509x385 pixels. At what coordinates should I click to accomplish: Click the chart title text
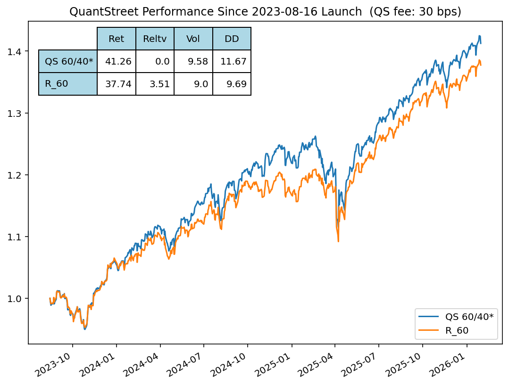pyautogui.click(x=265, y=12)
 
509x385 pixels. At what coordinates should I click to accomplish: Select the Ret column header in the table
pyautogui.click(x=117, y=39)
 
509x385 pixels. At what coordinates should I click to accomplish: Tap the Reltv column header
pyautogui.click(x=155, y=39)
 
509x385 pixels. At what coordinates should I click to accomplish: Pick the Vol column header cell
pyautogui.click(x=193, y=39)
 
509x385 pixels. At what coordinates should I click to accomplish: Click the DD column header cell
pyautogui.click(x=232, y=39)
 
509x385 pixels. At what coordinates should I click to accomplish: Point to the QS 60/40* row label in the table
pyautogui.click(x=68, y=61)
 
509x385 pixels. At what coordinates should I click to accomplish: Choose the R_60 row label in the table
pyautogui.click(x=68, y=84)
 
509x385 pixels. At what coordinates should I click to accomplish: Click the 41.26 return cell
pyautogui.click(x=117, y=61)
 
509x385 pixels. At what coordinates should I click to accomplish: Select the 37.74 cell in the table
pyautogui.click(x=117, y=84)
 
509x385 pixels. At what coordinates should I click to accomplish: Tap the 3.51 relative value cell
pyautogui.click(x=155, y=84)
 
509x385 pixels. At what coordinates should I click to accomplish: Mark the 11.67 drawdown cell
pyautogui.click(x=232, y=61)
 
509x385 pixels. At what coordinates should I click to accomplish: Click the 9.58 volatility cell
pyautogui.click(x=193, y=61)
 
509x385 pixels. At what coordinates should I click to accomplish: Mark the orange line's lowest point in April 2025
pyautogui.click(x=338, y=241)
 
